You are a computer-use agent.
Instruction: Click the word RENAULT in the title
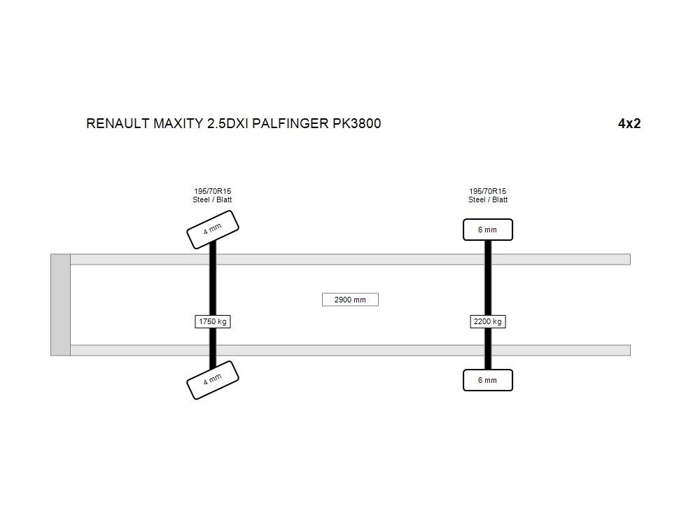tap(118, 124)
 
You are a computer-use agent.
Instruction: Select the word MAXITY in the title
tap(178, 124)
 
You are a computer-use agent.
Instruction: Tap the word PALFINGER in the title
tap(290, 124)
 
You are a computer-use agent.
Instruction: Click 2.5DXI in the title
tap(227, 124)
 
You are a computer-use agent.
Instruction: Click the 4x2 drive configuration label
tap(629, 124)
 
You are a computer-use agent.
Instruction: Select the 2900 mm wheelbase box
tap(350, 300)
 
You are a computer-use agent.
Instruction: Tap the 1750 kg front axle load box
tap(213, 321)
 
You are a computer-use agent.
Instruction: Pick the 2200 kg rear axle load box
tap(487, 321)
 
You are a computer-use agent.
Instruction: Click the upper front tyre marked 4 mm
tap(213, 230)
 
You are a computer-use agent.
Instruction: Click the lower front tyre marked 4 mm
tap(213, 380)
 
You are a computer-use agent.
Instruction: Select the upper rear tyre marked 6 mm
tap(487, 230)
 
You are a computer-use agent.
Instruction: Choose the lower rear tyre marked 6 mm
tap(487, 380)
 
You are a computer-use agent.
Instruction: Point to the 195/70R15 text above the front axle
tap(213, 191)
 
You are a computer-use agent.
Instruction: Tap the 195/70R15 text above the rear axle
tap(487, 191)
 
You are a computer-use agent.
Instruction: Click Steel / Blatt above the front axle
tap(212, 199)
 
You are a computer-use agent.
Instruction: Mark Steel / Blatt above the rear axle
tap(488, 199)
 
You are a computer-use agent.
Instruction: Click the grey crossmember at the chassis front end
tap(60, 305)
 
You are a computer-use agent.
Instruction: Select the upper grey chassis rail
tap(351, 260)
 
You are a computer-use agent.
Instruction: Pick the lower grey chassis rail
tap(351, 350)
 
